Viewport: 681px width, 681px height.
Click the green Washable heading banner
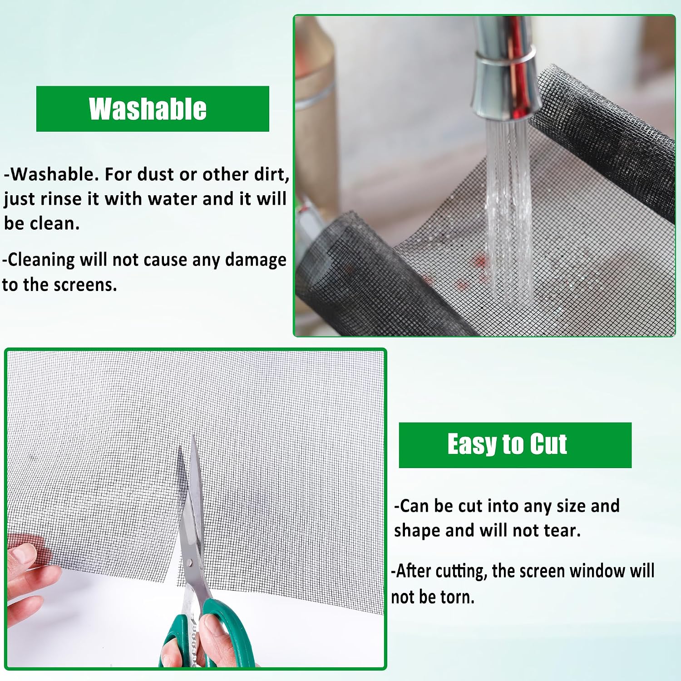pyautogui.click(x=153, y=109)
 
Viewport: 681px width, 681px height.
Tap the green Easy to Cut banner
pyautogui.click(x=515, y=445)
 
